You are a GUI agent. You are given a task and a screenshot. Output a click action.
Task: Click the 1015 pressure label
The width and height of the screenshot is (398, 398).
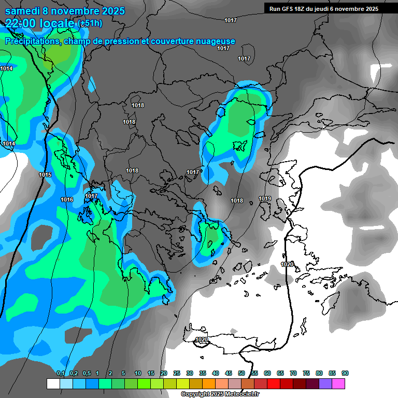tap(45, 175)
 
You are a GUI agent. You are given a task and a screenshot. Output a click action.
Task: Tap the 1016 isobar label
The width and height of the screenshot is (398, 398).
tap(67, 200)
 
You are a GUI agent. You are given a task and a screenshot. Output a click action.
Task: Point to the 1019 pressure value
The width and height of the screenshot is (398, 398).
tap(265, 198)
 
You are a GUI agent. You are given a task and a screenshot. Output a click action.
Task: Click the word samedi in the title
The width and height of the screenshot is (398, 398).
tap(24, 11)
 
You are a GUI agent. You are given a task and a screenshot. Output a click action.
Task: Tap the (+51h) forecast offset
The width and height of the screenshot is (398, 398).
tap(90, 24)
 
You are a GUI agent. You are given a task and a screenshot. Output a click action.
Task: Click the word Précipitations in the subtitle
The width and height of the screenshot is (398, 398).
tap(32, 41)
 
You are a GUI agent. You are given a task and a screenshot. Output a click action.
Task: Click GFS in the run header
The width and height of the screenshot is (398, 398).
tap(288, 9)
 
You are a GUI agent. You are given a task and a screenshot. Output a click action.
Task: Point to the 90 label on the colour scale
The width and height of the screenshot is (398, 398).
tap(345, 373)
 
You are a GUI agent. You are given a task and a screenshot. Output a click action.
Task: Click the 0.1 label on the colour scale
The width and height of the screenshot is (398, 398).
tap(61, 373)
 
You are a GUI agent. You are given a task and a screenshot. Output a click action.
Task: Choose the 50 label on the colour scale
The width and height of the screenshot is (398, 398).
tap(241, 373)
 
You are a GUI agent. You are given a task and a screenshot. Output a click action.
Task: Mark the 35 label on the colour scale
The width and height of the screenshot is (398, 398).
tap(203, 373)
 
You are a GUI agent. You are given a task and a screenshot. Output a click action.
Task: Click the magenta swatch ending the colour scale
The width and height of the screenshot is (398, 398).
tap(339, 383)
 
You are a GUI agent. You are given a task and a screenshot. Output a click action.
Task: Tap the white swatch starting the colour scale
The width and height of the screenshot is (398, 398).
tap(53, 383)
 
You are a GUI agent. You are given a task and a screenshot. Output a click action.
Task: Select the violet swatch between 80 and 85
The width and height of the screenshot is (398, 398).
tap(326, 383)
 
